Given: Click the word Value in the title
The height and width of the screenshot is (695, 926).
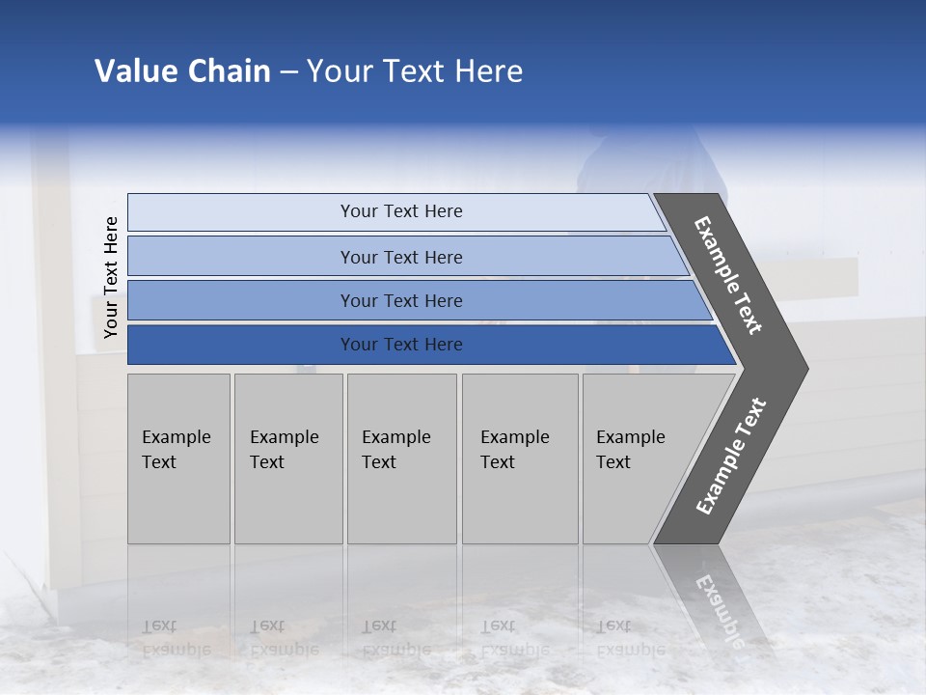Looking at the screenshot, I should click(135, 71).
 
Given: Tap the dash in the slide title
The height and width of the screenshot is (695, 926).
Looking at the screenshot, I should click(288, 72).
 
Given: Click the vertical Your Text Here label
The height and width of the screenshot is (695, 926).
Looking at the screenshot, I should click(111, 277).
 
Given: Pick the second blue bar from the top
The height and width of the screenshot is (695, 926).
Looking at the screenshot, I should click(400, 257).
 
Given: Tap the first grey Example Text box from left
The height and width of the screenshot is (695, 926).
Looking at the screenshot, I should click(178, 459).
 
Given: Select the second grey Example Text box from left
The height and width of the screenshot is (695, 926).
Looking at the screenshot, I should click(287, 459).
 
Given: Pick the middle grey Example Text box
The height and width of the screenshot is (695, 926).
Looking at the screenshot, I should click(401, 459).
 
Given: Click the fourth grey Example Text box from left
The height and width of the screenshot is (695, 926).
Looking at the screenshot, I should click(519, 459).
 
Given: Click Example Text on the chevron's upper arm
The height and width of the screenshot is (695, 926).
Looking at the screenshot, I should click(728, 276).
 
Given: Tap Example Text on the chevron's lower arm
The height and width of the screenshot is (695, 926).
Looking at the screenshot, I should click(730, 456).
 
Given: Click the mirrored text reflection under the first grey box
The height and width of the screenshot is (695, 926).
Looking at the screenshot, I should click(176, 638).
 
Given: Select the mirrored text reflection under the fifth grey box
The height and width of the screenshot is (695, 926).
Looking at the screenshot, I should click(630, 638).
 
